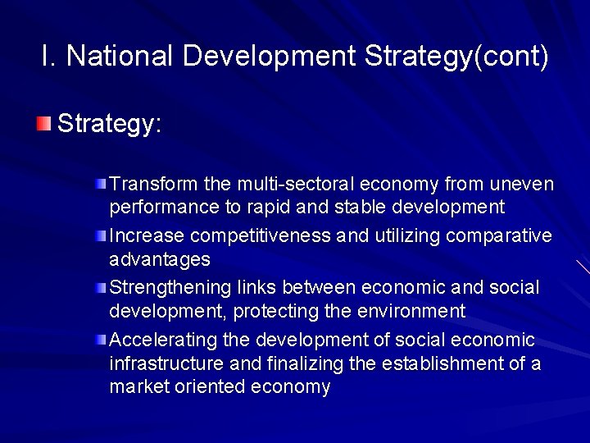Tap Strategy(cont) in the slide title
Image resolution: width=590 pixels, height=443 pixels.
pyautogui.click(x=456, y=57)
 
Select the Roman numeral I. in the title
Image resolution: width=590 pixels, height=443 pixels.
pyautogui.click(x=48, y=56)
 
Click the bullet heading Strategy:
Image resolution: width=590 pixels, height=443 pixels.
pyautogui.click(x=110, y=125)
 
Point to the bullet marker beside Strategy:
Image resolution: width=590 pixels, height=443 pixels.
pyautogui.click(x=43, y=124)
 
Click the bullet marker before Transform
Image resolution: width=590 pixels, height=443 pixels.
pyautogui.click(x=100, y=181)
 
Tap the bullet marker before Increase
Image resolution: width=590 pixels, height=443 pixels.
pyautogui.click(x=100, y=236)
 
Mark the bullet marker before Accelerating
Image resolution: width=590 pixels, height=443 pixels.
pyautogui.click(x=100, y=340)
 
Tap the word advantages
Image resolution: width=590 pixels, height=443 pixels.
pyautogui.click(x=160, y=260)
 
